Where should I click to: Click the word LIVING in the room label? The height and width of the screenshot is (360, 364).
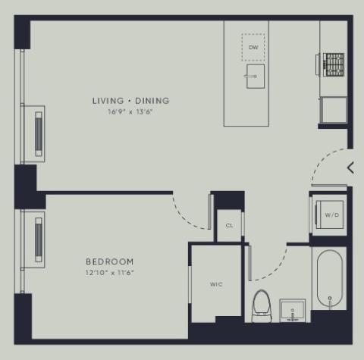click(x=108, y=101)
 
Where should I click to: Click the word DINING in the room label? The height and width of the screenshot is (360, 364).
click(x=152, y=101)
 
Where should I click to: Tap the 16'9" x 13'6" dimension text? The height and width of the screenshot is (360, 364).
click(x=130, y=111)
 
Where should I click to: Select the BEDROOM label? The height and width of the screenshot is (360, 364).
click(x=110, y=261)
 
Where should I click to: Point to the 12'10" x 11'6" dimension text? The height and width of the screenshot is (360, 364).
click(x=109, y=273)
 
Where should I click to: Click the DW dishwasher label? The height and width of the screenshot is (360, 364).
click(x=253, y=47)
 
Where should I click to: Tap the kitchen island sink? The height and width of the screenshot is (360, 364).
click(x=256, y=77)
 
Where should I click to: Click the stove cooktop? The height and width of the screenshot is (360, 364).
click(x=334, y=65)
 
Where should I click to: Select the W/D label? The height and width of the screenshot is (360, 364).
click(x=332, y=215)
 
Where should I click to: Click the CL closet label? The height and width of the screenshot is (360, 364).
click(x=229, y=225)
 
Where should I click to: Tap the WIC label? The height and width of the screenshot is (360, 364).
click(x=216, y=284)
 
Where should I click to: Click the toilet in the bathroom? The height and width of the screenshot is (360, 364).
click(x=262, y=306)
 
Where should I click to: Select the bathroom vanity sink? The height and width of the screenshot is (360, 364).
click(x=293, y=311)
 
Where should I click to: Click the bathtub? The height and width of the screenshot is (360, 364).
click(x=330, y=279)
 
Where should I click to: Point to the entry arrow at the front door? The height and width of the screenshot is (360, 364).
click(x=350, y=168)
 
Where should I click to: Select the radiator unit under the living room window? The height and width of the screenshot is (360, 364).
click(x=39, y=134)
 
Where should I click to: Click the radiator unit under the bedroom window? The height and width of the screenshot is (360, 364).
click(x=39, y=239)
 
